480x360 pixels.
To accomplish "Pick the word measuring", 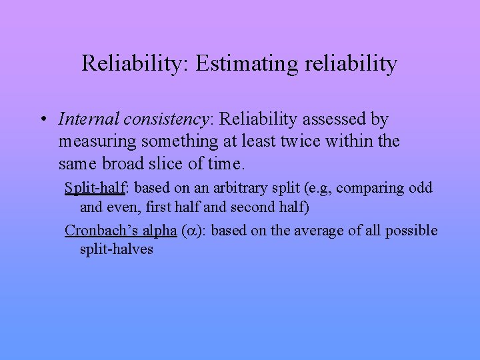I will (x=97, y=141).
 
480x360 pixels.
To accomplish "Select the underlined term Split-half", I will (x=95, y=188).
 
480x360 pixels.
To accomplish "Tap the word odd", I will (x=420, y=188).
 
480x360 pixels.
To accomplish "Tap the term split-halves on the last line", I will (x=117, y=249).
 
